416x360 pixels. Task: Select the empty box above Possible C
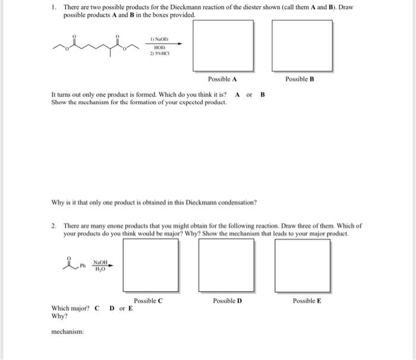coord(151,265)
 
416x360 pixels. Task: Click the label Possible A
coord(223,79)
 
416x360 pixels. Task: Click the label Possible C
coord(148,301)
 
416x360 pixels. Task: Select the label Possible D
coord(227,301)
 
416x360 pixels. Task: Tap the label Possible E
coord(307,301)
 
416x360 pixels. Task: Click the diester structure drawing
coord(95,43)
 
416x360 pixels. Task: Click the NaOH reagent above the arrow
coord(100,262)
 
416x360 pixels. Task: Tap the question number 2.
coord(53,226)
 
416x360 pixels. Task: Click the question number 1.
coord(53,7)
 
